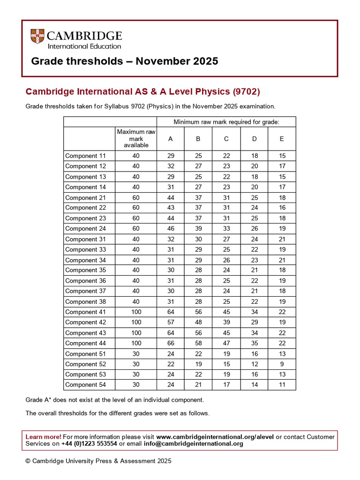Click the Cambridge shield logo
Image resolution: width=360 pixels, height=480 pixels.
coord(38,37)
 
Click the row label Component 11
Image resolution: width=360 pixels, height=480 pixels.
coord(86,156)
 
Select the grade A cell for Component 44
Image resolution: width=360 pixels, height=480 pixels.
coord(171,343)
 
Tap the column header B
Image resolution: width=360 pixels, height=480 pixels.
coord(198,139)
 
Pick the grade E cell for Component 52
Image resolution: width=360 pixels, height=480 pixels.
coord(282,364)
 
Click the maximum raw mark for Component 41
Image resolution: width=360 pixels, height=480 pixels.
coord(136,312)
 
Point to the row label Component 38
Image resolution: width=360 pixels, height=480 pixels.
coord(86,302)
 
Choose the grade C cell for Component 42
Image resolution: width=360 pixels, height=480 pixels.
coord(226,322)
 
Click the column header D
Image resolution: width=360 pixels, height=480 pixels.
coord(254,139)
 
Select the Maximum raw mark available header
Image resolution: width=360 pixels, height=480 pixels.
coord(136,139)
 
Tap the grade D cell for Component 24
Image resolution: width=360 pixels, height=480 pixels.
coord(254,229)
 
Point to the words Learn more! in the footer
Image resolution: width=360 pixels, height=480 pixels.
coord(43,436)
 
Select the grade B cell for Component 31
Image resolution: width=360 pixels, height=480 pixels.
coord(198,239)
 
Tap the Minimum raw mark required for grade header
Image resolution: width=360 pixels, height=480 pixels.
coord(226,122)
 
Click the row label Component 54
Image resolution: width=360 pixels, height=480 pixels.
coord(86,385)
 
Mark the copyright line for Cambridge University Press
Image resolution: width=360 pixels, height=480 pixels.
coord(98,461)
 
